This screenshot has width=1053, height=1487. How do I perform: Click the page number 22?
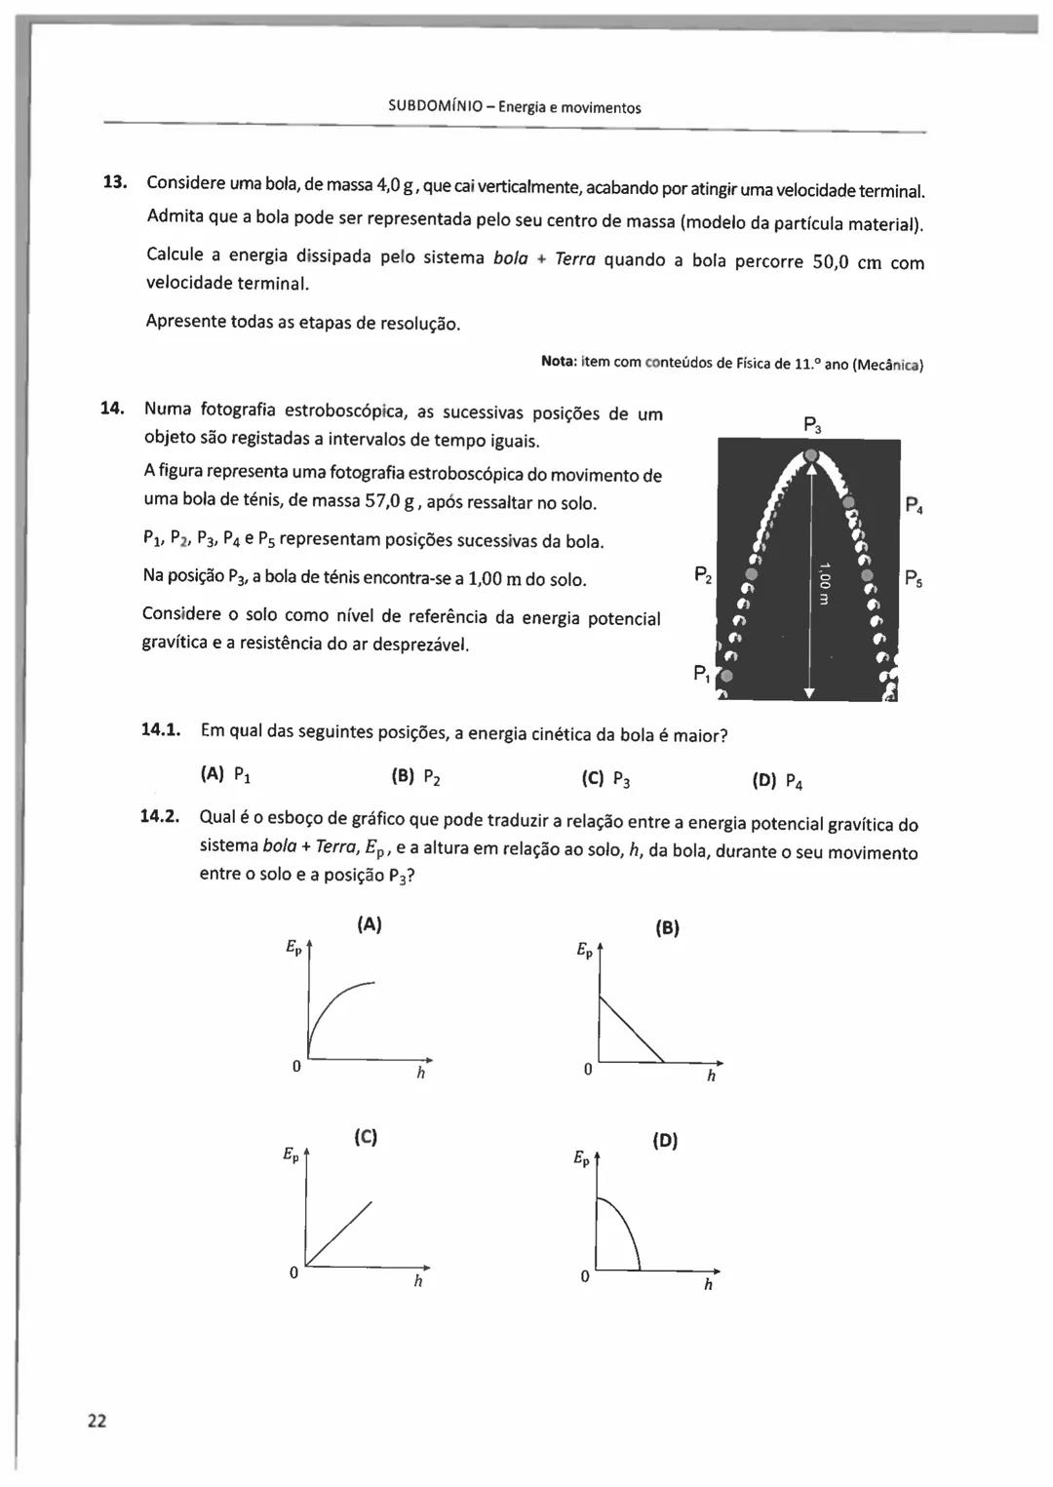(97, 1420)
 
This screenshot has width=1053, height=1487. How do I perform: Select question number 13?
(115, 182)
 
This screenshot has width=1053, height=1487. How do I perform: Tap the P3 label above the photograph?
(812, 424)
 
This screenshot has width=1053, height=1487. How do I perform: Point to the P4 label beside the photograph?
(914, 505)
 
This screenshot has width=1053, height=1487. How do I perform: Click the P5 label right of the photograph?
(914, 578)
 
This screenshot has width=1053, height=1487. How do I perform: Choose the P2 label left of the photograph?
(702, 575)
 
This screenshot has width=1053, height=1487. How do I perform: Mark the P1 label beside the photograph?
(702, 673)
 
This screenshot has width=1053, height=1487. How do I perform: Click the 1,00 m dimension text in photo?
(823, 583)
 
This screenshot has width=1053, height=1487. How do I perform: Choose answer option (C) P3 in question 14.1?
(605, 779)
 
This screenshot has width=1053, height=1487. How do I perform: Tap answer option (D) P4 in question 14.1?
(777, 781)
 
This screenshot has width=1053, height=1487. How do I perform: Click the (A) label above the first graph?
(369, 924)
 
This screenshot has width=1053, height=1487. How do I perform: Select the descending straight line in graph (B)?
(631, 1028)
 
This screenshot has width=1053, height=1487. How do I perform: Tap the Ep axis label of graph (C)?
(291, 1154)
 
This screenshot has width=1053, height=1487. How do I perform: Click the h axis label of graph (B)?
(711, 1076)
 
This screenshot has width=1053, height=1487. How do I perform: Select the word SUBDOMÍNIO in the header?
(437, 107)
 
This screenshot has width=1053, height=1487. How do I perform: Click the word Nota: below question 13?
(560, 363)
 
